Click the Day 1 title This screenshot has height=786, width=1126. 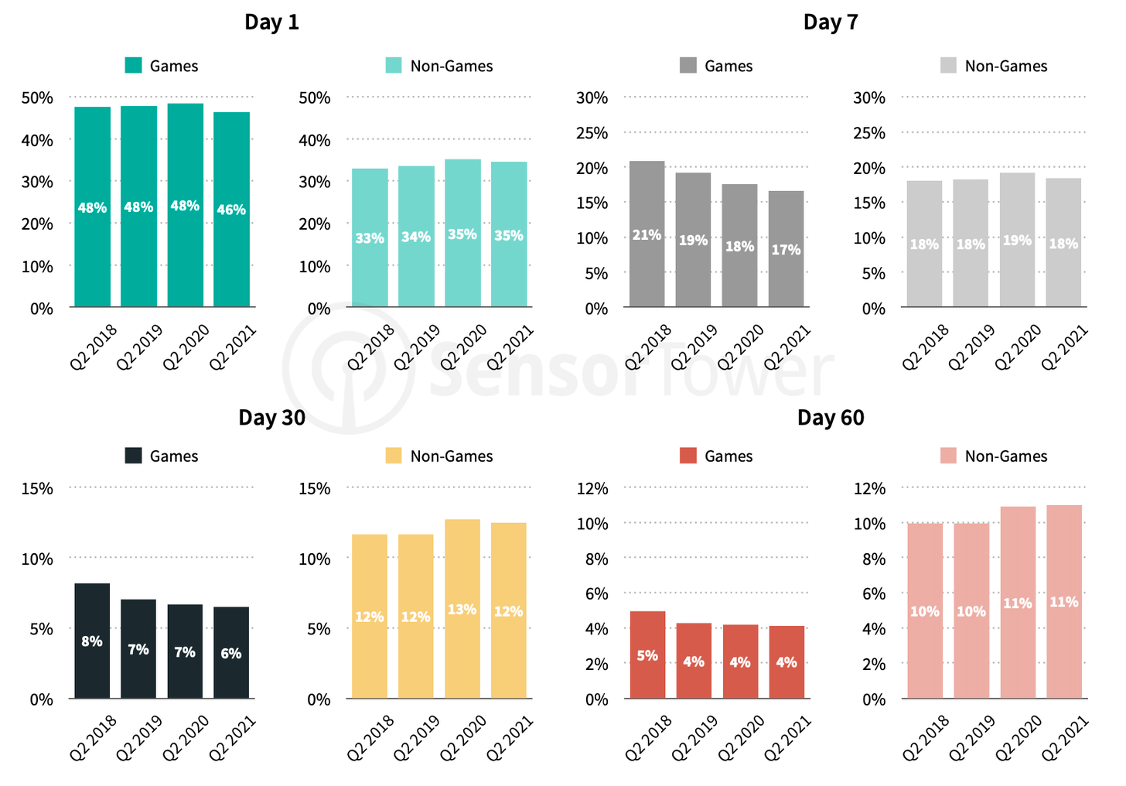point(271,22)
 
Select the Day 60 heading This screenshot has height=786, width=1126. point(831,418)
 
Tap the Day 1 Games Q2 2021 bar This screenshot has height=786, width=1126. point(231,210)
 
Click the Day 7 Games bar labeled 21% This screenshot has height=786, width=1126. point(647,234)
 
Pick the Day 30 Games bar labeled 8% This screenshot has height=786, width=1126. point(92,641)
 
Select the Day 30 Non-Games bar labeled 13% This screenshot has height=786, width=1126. point(462,609)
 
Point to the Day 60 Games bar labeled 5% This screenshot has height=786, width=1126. point(647,655)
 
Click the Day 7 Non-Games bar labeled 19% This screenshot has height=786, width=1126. point(1017,240)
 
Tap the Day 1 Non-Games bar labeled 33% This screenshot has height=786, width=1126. point(370,238)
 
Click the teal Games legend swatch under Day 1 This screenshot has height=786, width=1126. point(134,66)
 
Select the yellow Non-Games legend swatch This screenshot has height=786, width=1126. point(394,456)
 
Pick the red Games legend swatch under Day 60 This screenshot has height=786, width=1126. point(688,456)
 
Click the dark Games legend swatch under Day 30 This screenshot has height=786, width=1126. point(134,456)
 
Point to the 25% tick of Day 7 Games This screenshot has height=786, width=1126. point(592,133)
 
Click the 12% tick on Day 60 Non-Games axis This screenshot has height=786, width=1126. point(869,488)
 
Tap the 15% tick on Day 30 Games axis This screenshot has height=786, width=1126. point(37,488)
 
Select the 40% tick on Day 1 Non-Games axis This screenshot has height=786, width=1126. point(315,140)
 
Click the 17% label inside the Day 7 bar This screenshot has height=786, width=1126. point(786,250)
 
